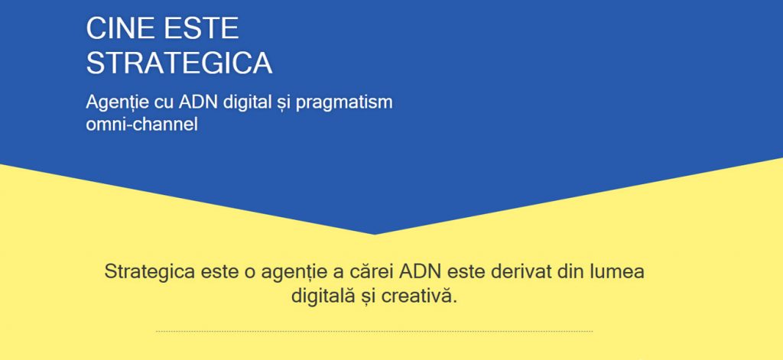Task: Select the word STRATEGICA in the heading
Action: click(x=179, y=63)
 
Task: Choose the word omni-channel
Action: click(x=141, y=125)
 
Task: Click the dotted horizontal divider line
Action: click(x=374, y=331)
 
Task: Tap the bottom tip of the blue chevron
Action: click(x=375, y=234)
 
